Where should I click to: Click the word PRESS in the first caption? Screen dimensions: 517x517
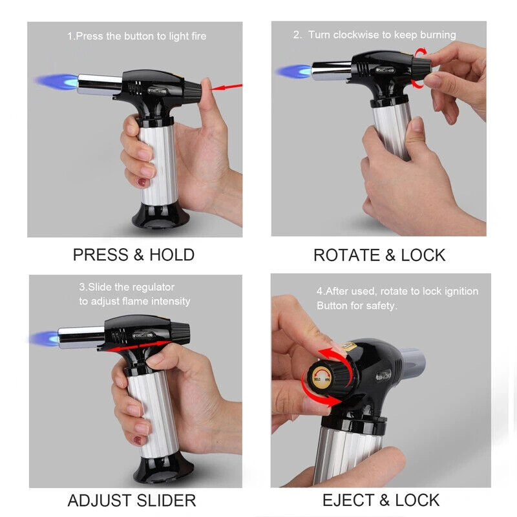(101, 255)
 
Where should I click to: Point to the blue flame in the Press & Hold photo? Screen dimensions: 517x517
(57, 82)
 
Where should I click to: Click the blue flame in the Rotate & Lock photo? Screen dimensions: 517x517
(294, 71)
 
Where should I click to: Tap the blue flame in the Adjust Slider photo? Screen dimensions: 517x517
(44, 339)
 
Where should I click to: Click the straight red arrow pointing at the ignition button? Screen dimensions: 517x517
(227, 87)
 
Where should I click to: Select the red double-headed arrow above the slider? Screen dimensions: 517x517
(138, 346)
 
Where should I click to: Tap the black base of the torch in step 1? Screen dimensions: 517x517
(160, 216)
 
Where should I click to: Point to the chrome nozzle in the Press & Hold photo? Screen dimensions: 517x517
(100, 85)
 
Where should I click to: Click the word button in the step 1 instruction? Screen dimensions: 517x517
(139, 36)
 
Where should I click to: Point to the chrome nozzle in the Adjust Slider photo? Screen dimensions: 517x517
(81, 337)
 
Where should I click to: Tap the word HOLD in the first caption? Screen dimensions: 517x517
(172, 255)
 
